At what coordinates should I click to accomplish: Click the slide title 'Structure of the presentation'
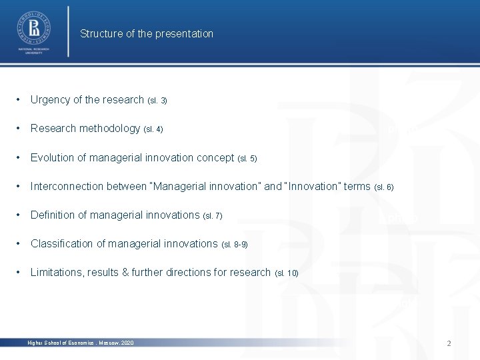point(147,33)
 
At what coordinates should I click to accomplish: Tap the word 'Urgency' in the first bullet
point(50,100)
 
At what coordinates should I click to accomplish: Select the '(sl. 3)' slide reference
point(157,101)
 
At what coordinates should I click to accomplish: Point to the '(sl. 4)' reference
point(153,129)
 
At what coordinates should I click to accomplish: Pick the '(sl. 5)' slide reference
point(247,159)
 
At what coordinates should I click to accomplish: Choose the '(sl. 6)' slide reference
point(384,187)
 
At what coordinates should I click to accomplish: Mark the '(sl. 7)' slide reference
point(212,216)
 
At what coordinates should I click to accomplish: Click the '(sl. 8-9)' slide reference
point(234,245)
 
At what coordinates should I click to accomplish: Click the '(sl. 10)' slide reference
point(286,273)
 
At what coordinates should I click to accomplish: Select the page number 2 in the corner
point(449,343)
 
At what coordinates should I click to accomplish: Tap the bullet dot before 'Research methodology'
point(21,129)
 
